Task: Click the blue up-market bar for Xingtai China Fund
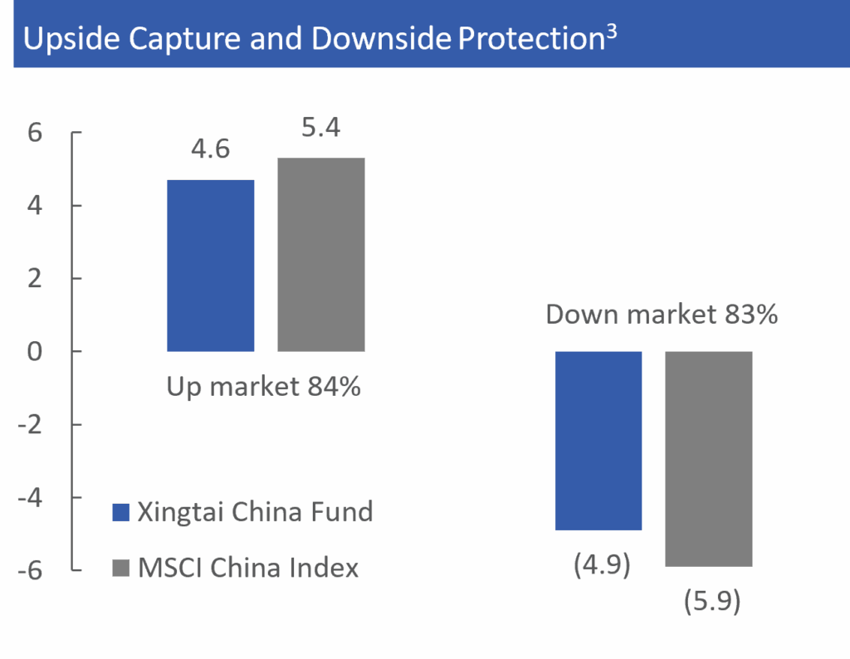(211, 266)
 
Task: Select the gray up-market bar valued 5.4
(320, 255)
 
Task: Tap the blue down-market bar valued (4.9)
(598, 441)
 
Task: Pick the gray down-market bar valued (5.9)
(709, 459)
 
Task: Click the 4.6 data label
(210, 149)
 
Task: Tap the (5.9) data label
(712, 601)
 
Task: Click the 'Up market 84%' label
(264, 386)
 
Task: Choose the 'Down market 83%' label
(662, 315)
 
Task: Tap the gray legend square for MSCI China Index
(121, 569)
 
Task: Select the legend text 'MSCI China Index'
(248, 569)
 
